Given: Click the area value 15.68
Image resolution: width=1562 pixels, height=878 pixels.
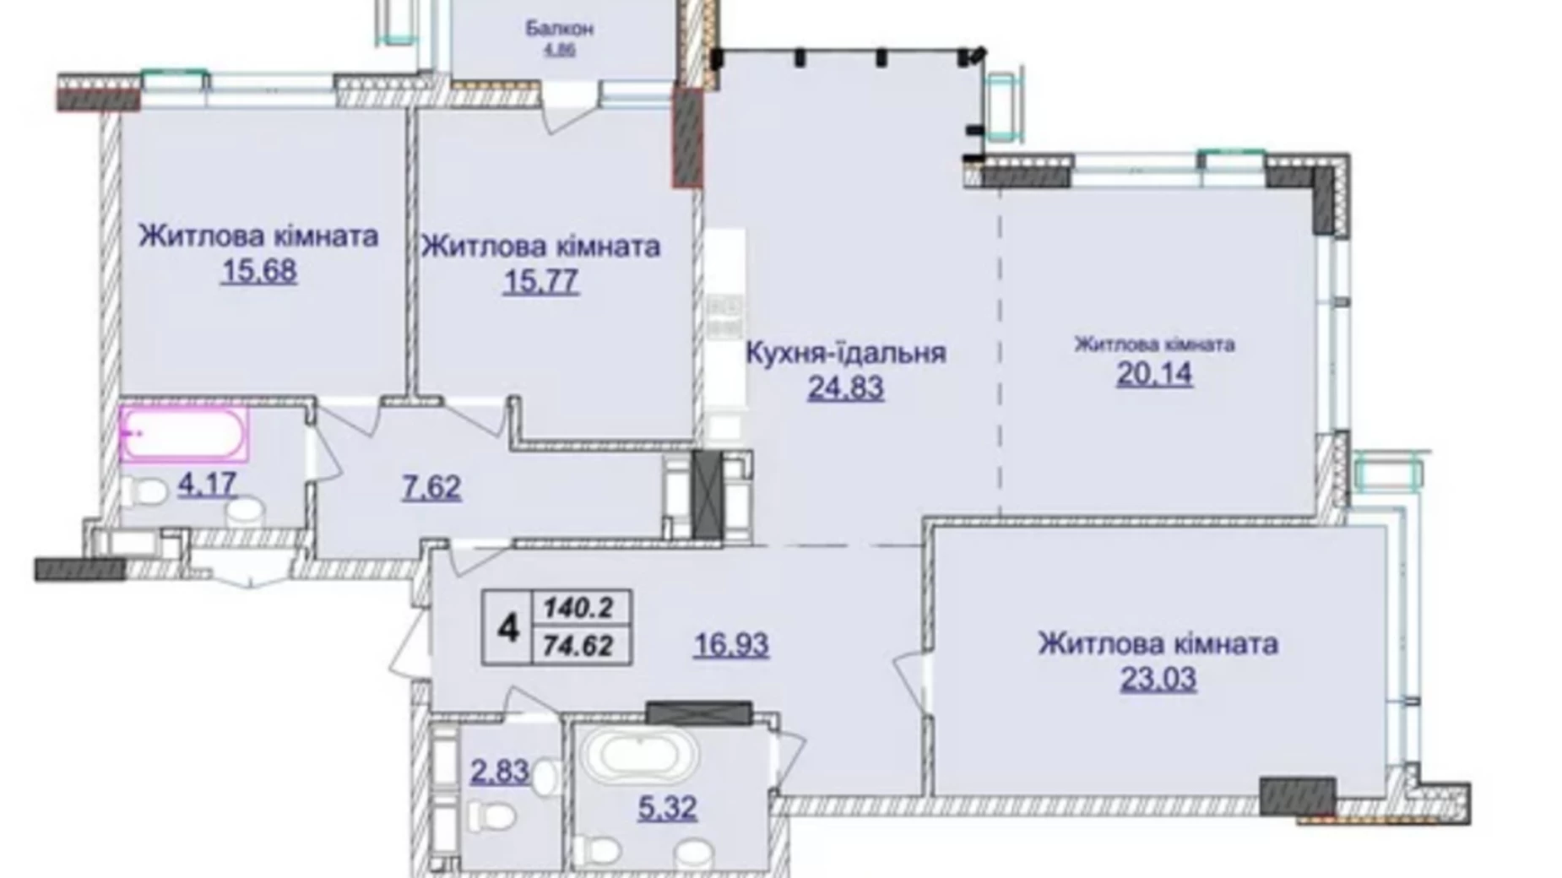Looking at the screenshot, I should pos(259,272).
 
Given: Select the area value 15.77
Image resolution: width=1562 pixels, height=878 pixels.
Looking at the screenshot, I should pos(541,282).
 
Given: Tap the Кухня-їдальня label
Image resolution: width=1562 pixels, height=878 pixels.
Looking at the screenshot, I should pos(845,353).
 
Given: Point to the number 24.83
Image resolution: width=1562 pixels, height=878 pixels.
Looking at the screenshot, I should pos(846,388).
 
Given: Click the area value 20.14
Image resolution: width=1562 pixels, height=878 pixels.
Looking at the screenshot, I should pos(1154,373).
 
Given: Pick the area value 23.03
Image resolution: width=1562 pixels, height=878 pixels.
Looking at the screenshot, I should pos(1158,680).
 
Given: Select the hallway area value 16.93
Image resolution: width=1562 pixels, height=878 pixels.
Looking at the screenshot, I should pos(731,645).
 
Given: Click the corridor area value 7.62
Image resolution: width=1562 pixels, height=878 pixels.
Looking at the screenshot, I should pos(431,487).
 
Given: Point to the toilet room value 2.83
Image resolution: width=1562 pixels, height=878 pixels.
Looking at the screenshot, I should pos(501,771).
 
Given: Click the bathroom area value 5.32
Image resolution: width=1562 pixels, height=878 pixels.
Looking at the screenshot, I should pos(667,808).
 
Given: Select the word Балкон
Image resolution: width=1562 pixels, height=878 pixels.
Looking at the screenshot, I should pos(559,29).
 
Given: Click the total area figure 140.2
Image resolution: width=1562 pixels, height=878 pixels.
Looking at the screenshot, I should pos(579,606).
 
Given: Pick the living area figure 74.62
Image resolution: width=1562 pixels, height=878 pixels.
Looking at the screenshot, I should pos(579,646).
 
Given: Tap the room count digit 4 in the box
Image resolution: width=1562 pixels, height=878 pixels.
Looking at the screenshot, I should pos(507,628).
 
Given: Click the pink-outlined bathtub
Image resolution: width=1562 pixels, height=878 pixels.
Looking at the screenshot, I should pos(184,434).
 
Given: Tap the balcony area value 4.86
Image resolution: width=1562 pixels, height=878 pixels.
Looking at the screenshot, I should pos(559,50).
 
